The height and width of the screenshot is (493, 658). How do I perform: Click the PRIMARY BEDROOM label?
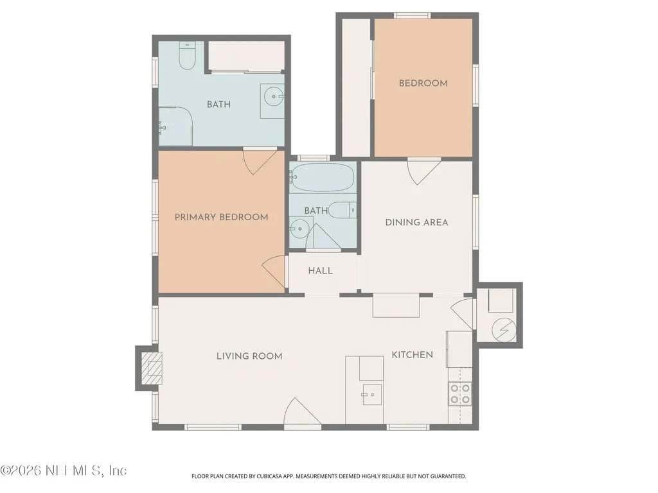click(221, 217)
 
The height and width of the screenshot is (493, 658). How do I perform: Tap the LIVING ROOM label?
click(249, 356)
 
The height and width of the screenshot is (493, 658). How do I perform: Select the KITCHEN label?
click(412, 354)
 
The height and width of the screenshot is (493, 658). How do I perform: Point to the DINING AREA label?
click(416, 222)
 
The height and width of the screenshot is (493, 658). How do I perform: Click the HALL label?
click(321, 271)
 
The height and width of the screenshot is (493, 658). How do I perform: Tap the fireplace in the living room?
click(151, 368)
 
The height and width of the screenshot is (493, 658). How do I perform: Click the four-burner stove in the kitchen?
click(460, 394)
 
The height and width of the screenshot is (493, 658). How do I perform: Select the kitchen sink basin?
click(372, 395)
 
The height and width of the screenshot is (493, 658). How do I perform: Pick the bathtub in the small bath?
click(321, 177)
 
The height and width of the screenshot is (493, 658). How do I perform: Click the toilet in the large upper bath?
click(187, 55)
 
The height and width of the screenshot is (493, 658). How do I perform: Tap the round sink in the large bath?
click(274, 96)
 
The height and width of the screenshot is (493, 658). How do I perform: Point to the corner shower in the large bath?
click(175, 126)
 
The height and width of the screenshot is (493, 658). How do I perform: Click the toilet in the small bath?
click(342, 210)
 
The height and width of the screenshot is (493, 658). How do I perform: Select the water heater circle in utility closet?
click(504, 329)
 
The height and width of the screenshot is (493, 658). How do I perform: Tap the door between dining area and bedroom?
click(424, 171)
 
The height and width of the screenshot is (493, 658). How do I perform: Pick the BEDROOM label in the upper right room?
click(423, 83)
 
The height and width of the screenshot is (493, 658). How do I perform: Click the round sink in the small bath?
click(299, 229)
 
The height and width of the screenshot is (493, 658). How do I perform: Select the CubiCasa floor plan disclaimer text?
click(328, 476)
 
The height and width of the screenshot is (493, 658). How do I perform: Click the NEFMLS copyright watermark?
click(64, 471)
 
